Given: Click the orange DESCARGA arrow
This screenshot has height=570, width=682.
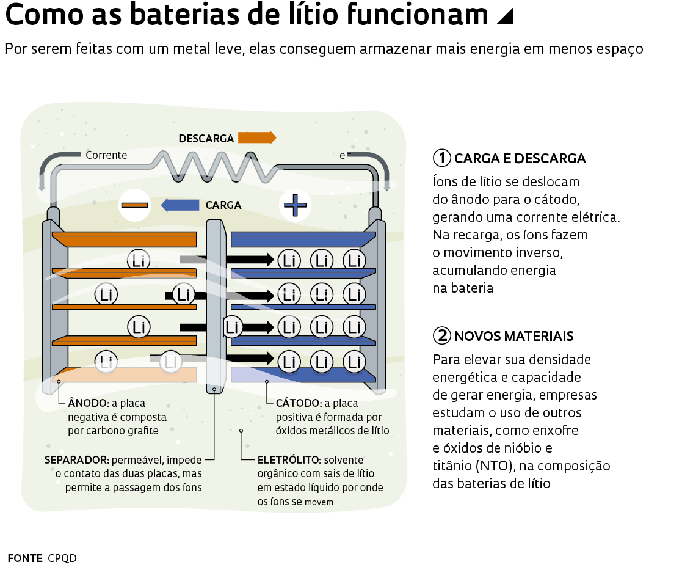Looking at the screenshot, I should coord(256,137).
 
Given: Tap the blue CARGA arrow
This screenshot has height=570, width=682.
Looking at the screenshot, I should coord(180,205).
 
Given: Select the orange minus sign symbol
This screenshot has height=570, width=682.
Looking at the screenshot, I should coord(135,205).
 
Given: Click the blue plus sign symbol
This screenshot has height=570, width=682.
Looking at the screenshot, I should coord(296,205).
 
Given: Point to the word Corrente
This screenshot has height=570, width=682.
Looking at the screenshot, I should coord(106,155).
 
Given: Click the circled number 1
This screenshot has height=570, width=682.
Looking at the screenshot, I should coord(441,158).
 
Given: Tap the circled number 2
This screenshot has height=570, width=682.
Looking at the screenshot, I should coord(441,335).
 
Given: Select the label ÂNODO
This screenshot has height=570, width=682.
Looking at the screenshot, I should coord(89,403).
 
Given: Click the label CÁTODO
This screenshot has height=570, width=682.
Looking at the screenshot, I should coord(299,403).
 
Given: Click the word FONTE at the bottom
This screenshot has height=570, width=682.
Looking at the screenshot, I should coord(25,558).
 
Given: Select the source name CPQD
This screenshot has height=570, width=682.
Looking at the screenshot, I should coord(62,558).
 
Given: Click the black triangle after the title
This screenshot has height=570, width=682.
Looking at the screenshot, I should coord(504,17).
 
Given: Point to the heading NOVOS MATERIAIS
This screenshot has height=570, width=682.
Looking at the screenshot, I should coord(513,336).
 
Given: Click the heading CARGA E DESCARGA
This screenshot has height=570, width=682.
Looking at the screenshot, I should coord(520,159).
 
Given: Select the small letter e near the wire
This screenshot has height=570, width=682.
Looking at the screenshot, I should coord(343,155).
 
